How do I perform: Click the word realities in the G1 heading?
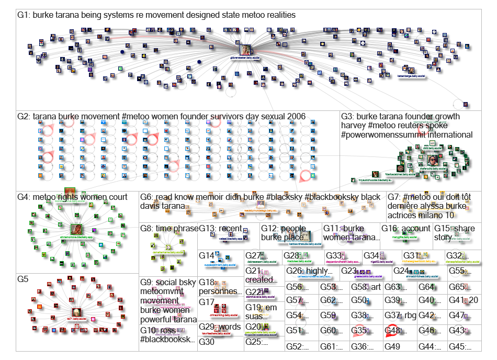(276, 15)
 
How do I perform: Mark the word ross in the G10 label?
(167, 331)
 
